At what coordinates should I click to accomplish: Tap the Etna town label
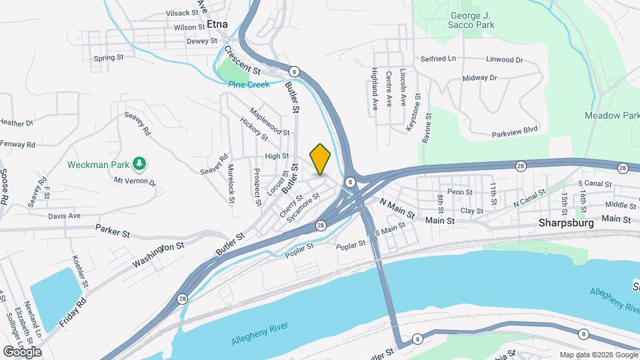(x=217, y=24)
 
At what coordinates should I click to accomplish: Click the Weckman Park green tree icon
(x=139, y=163)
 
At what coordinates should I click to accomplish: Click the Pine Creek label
(x=249, y=85)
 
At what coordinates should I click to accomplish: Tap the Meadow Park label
(x=612, y=115)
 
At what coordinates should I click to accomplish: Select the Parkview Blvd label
(x=515, y=133)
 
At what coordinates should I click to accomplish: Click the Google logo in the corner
(x=22, y=351)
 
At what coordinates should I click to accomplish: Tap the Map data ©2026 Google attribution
(x=598, y=355)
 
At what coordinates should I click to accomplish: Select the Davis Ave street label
(x=64, y=216)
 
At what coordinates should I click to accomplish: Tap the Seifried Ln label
(x=438, y=59)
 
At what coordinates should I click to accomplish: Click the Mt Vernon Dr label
(x=134, y=181)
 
